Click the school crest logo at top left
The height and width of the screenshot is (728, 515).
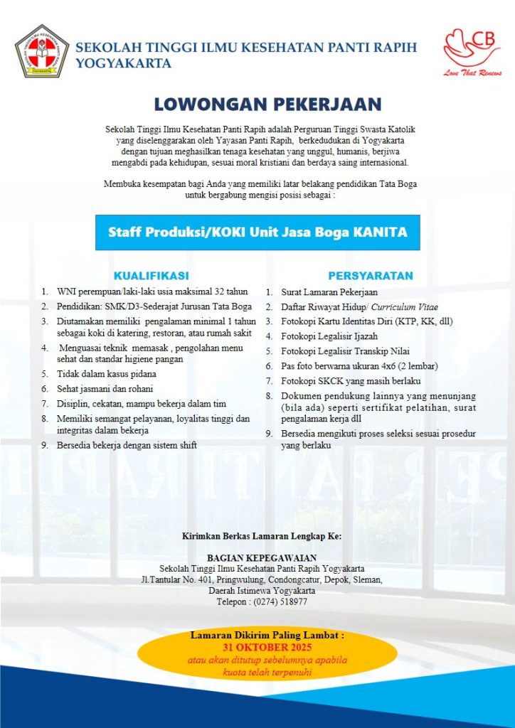pyautogui.click(x=42, y=51)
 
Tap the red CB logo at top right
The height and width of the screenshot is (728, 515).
pyautogui.click(x=472, y=47)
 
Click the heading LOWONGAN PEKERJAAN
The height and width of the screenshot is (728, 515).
pyautogui.click(x=258, y=105)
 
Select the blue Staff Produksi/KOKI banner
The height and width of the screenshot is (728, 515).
pyautogui.click(x=257, y=232)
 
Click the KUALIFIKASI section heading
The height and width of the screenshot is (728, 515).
pyautogui.click(x=151, y=275)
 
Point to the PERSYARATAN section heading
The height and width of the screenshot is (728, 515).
pyautogui.click(x=370, y=275)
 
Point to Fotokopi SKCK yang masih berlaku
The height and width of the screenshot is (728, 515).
pyautogui.click(x=345, y=381)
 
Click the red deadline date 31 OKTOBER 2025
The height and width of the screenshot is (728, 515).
pyautogui.click(x=267, y=648)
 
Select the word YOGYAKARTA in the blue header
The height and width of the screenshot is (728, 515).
pyautogui.click(x=123, y=63)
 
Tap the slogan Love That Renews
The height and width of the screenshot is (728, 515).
pyautogui.click(x=472, y=73)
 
